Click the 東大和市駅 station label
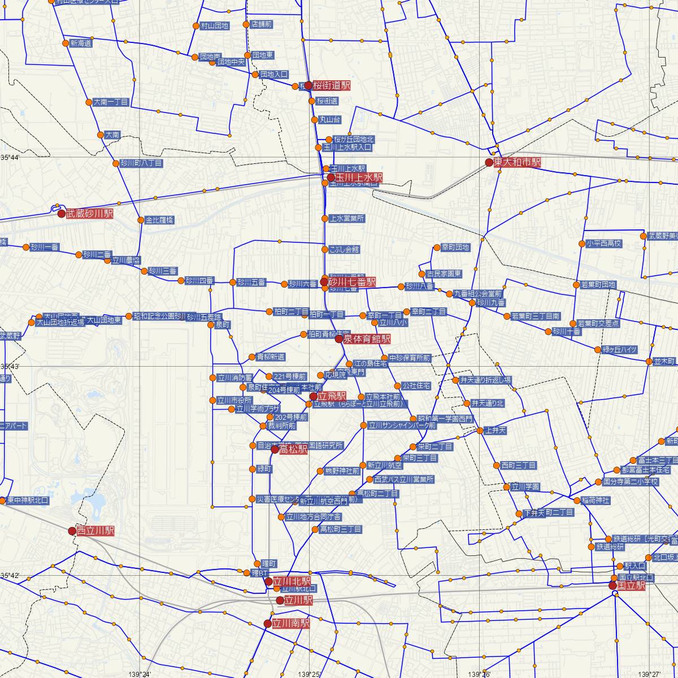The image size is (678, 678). pyautogui.click(x=518, y=163)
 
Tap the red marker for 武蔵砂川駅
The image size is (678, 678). pyautogui.click(x=62, y=214)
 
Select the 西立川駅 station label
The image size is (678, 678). pyautogui.click(x=95, y=531)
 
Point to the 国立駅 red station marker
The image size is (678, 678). pyautogui.click(x=613, y=585)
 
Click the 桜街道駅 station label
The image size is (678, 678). pyautogui.click(x=332, y=86)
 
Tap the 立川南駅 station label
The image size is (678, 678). pyautogui.click(x=291, y=624)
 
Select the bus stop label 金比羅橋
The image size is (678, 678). pyautogui.click(x=159, y=220)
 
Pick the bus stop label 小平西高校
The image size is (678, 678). pyautogui.click(x=604, y=244)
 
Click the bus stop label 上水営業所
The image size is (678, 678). pyautogui.click(x=347, y=218)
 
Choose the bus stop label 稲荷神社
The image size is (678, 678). pyautogui.click(x=596, y=501)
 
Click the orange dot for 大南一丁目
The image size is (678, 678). pyautogui.click(x=89, y=102)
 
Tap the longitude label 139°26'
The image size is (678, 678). pyautogui.click(x=480, y=673)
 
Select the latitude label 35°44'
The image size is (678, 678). pyautogui.click(x=10, y=157)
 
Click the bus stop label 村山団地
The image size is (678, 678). pyautogui.click(x=215, y=25)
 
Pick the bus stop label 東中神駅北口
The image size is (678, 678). pyautogui.click(x=27, y=501)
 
